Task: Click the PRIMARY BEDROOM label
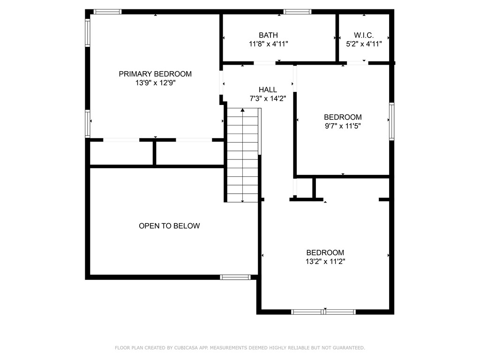(155, 74)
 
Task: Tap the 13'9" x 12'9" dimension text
(155, 82)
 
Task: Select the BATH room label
(268, 35)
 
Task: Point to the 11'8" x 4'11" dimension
(268, 44)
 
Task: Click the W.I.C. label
(364, 35)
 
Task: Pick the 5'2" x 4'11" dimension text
(364, 44)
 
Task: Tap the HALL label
(268, 90)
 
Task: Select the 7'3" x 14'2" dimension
(268, 98)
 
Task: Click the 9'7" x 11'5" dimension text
(343, 126)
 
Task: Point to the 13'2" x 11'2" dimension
(325, 261)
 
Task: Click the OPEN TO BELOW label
(169, 226)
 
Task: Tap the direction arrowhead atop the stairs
(242, 110)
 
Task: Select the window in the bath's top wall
(297, 12)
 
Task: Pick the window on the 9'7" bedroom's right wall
(391, 122)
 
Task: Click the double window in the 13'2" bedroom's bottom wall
(323, 312)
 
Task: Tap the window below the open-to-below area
(235, 277)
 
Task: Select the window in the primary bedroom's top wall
(107, 12)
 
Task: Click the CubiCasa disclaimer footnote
(240, 348)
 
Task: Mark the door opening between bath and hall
(264, 63)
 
